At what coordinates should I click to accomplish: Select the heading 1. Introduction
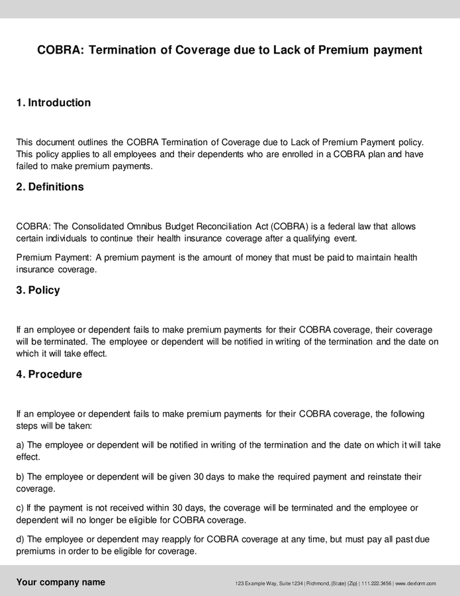[x=54, y=103]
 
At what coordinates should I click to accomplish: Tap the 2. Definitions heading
[x=50, y=187]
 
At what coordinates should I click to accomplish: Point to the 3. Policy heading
[x=38, y=290]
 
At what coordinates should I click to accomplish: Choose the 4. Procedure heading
[x=49, y=374]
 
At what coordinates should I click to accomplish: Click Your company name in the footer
[x=60, y=583]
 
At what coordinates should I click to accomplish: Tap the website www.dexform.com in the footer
[x=416, y=583]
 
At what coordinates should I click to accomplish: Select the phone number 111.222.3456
[x=377, y=583]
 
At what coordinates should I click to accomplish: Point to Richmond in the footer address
[x=321, y=583]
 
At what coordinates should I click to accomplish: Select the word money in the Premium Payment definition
[x=259, y=258]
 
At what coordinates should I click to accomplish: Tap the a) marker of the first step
[x=21, y=445]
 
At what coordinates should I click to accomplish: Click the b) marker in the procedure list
[x=21, y=477]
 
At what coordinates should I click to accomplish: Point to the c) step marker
[x=21, y=508]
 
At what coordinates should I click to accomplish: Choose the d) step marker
[x=21, y=540]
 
